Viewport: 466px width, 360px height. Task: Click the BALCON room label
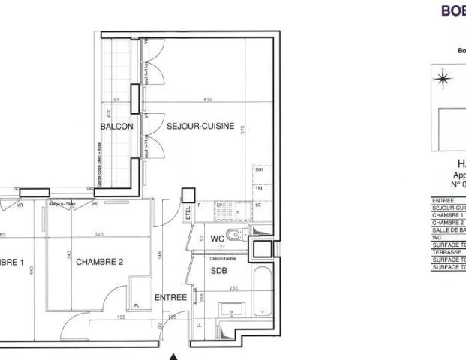[x=116, y=127]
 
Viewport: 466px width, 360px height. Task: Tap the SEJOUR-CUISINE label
[x=196, y=127]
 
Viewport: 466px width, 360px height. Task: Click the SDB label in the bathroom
[x=219, y=269]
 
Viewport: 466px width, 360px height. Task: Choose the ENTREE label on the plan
[x=170, y=298]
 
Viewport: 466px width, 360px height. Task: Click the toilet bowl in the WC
[x=233, y=235]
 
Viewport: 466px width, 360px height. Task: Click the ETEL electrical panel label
[x=188, y=214]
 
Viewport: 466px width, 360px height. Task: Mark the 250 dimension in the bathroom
[x=233, y=288]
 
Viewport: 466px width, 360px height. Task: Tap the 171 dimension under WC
[x=221, y=246]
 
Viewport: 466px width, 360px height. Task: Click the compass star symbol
[x=443, y=76]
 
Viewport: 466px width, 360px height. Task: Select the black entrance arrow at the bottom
[x=174, y=356]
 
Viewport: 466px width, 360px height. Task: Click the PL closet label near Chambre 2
[x=137, y=306]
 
